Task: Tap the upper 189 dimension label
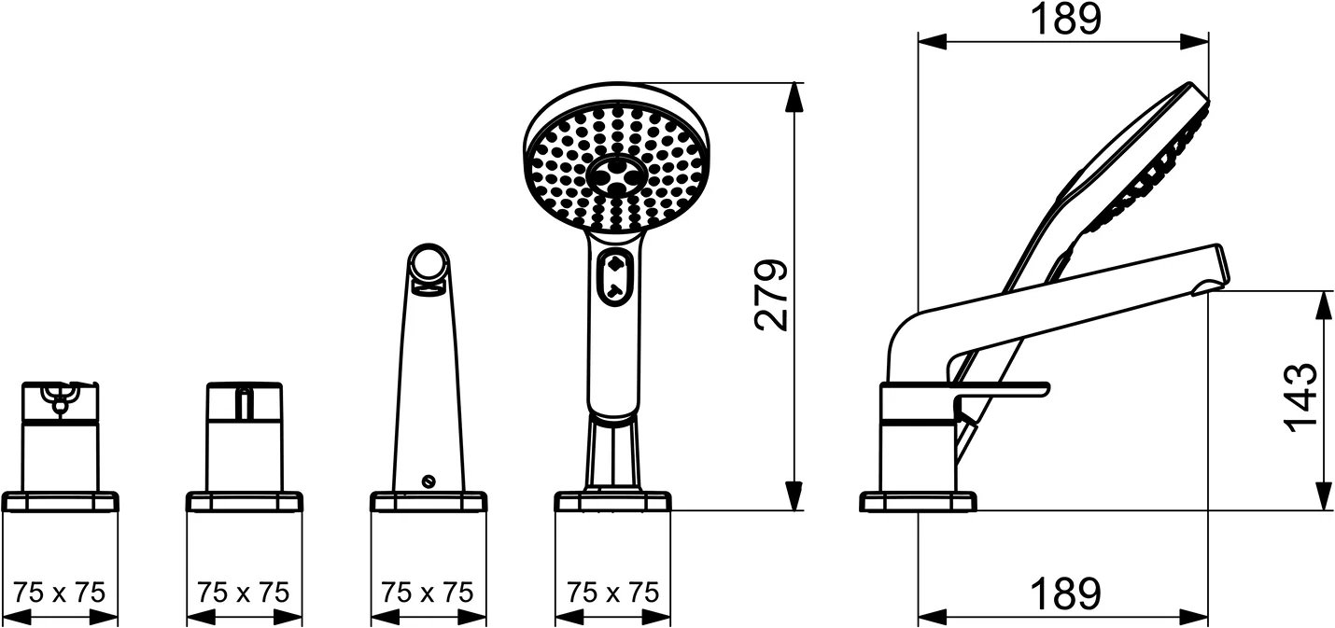point(1065,19)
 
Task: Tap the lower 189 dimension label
point(1065,593)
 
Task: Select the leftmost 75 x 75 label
point(59,593)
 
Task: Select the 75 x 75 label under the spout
point(428,593)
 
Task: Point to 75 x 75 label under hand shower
point(613,593)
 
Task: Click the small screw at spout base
point(428,481)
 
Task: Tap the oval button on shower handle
point(615,278)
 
